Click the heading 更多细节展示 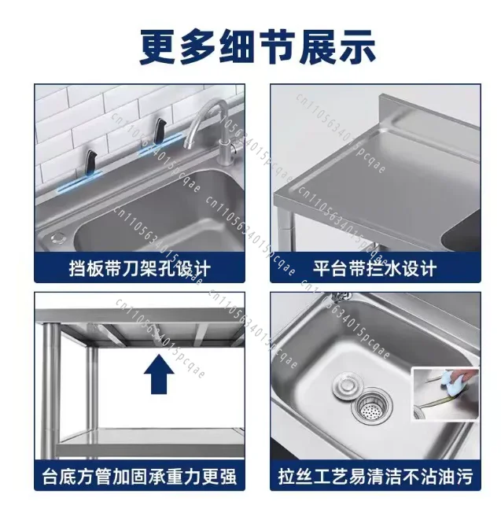[x=257, y=46]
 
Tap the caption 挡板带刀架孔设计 [x=140, y=268]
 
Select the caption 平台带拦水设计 [x=375, y=268]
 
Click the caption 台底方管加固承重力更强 [x=139, y=477]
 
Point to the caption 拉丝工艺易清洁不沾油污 [x=375, y=477]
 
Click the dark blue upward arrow [x=159, y=374]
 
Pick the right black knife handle [x=160, y=131]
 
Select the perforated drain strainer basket [x=372, y=407]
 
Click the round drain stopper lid [x=348, y=385]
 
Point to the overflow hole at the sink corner [x=58, y=238]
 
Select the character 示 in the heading [x=357, y=46]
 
